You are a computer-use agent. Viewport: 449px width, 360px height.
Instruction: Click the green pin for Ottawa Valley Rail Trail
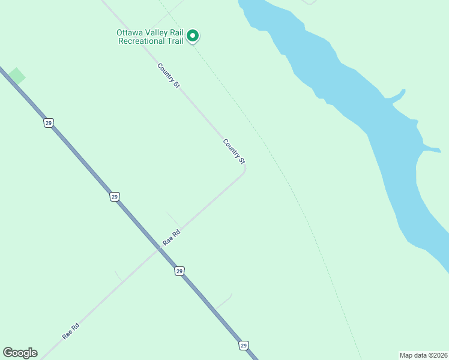193,36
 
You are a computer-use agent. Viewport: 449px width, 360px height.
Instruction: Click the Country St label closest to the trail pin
169,76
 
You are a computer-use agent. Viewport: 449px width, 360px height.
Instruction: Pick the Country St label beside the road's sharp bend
234,151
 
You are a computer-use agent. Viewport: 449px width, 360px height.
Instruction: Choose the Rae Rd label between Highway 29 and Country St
172,238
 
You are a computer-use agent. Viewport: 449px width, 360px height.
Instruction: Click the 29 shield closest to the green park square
49,122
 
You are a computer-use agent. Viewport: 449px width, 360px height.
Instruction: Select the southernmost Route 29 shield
243,345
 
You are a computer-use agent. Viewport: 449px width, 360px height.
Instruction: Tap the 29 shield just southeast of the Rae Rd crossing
179,271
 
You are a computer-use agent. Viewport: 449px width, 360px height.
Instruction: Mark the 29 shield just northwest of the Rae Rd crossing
115,196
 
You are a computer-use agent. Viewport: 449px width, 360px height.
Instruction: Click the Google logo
20,353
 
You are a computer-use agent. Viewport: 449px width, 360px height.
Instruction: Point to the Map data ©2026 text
423,355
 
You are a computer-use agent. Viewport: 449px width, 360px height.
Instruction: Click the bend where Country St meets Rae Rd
245,169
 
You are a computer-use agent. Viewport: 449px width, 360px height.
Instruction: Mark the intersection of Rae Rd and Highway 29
158,249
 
